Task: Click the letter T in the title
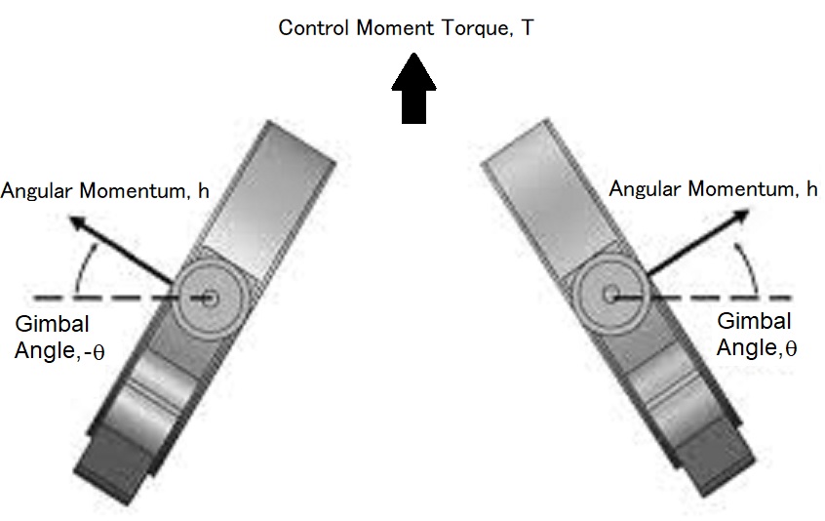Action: click(x=527, y=27)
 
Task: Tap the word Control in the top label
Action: click(x=312, y=27)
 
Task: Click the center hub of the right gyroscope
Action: click(x=611, y=292)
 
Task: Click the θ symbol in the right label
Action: click(x=790, y=346)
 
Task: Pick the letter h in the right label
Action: click(x=812, y=188)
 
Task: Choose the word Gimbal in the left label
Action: click(x=45, y=326)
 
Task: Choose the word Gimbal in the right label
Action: click(x=754, y=320)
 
